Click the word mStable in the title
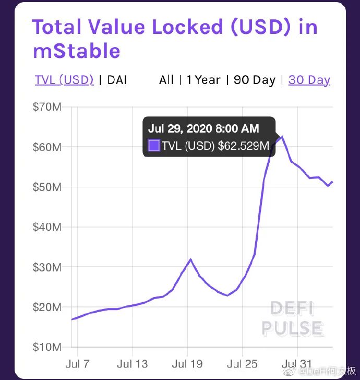pyautogui.click(x=76, y=51)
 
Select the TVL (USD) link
pyautogui.click(x=64, y=80)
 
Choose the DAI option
pyautogui.click(x=117, y=80)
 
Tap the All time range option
pyautogui.click(x=166, y=80)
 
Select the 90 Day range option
pyautogui.click(x=254, y=80)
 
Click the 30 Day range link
pyautogui.click(x=309, y=80)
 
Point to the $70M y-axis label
pyautogui.click(x=47, y=107)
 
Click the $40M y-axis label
pyautogui.click(x=47, y=227)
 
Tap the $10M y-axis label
pyautogui.click(x=47, y=347)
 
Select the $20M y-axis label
pyautogui.click(x=47, y=307)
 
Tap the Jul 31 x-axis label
pyautogui.click(x=296, y=364)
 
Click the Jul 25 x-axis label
pyautogui.click(x=242, y=364)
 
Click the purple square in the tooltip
pyautogui.click(x=154, y=146)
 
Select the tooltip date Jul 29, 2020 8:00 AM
pyautogui.click(x=203, y=128)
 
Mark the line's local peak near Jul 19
pyautogui.click(x=190, y=259)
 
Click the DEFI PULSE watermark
pyautogui.click(x=292, y=318)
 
